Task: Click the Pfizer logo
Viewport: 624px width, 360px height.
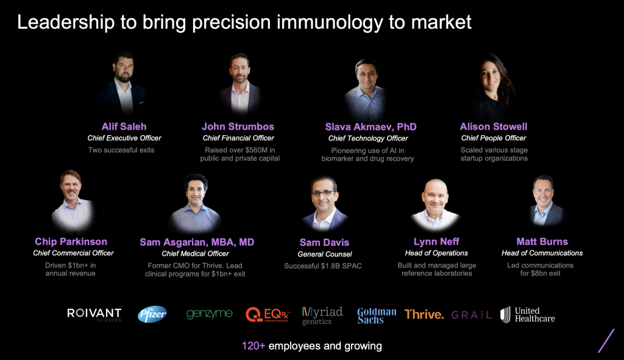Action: tap(152, 314)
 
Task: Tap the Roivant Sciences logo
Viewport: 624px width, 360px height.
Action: tap(94, 315)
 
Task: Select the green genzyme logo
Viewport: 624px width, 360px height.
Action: tap(210, 314)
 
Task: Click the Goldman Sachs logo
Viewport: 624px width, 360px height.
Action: tap(377, 316)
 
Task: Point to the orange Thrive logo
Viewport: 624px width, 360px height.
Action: tap(424, 315)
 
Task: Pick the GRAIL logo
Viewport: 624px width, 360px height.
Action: tap(472, 315)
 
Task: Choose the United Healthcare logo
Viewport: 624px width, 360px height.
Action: tap(528, 315)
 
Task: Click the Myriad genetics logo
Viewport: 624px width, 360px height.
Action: tap(322, 316)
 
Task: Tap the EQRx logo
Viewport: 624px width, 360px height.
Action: tap(268, 315)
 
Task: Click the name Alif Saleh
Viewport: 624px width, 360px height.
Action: tap(124, 127)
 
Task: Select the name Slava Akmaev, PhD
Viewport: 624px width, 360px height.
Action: tap(371, 127)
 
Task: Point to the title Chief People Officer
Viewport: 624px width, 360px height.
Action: tap(494, 138)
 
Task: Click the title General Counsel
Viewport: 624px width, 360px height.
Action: tap(325, 254)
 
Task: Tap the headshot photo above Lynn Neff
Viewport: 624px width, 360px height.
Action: tap(436, 205)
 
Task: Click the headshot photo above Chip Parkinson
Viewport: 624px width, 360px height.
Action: tap(73, 201)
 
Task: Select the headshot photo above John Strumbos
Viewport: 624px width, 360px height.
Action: tap(239, 84)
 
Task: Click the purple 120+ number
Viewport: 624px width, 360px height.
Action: tap(253, 345)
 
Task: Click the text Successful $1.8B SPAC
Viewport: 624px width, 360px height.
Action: tap(323, 266)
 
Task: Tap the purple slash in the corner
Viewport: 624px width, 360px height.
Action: tap(606, 341)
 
